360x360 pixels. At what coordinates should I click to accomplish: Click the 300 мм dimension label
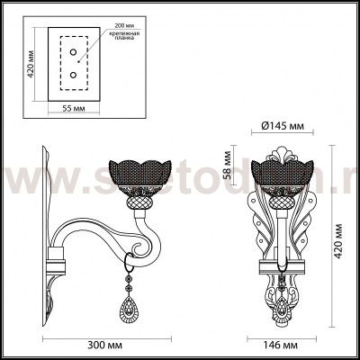[100, 344]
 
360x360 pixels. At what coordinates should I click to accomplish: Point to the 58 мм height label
[229, 166]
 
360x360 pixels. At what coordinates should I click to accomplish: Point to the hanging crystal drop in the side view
[127, 310]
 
